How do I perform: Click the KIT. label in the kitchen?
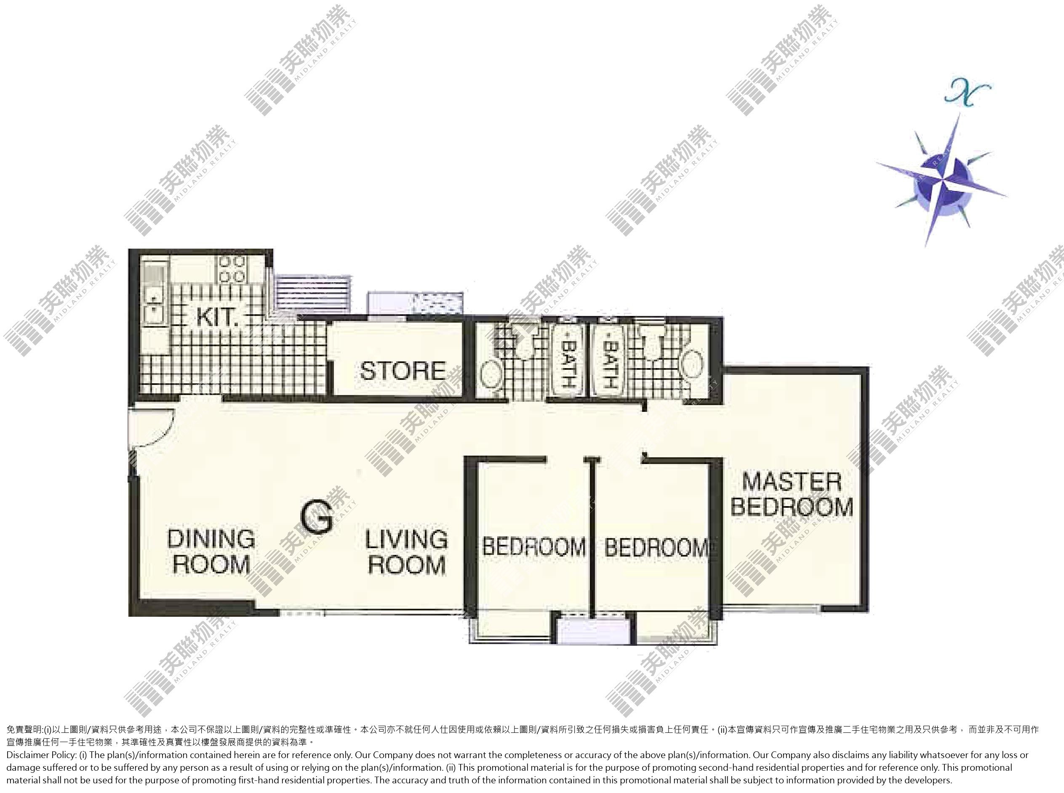pyautogui.click(x=217, y=317)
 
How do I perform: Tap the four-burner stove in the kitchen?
pyautogui.click(x=232, y=269)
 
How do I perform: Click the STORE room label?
pyautogui.click(x=403, y=371)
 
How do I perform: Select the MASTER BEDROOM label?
pyautogui.click(x=792, y=494)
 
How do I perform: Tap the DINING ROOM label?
pyautogui.click(x=211, y=552)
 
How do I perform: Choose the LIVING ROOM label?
pyautogui.click(x=406, y=552)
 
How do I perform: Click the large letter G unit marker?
pyautogui.click(x=317, y=517)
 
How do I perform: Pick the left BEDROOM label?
pyautogui.click(x=533, y=547)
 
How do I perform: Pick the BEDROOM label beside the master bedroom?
pyautogui.click(x=656, y=547)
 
